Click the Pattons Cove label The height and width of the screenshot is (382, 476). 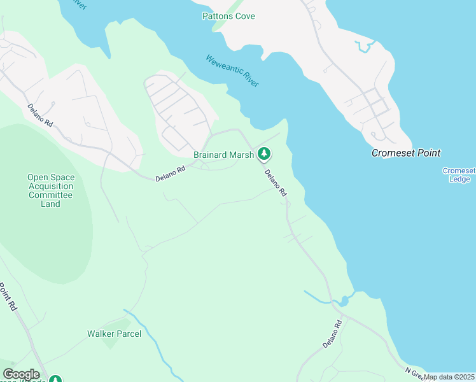(x=228, y=16)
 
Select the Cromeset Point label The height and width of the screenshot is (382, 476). (x=407, y=153)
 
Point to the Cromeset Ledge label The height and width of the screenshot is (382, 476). (x=459, y=175)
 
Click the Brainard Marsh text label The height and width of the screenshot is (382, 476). (x=223, y=154)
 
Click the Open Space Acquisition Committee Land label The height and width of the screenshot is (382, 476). (x=50, y=190)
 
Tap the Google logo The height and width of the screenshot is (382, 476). (x=21, y=374)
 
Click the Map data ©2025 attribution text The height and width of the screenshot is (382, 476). (x=449, y=377)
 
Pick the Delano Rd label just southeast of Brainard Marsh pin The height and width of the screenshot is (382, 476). (x=276, y=185)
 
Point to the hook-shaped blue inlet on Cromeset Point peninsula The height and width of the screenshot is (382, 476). (x=364, y=46)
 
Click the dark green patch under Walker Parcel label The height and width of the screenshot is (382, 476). (x=111, y=343)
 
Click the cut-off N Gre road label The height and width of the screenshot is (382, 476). (x=415, y=372)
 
